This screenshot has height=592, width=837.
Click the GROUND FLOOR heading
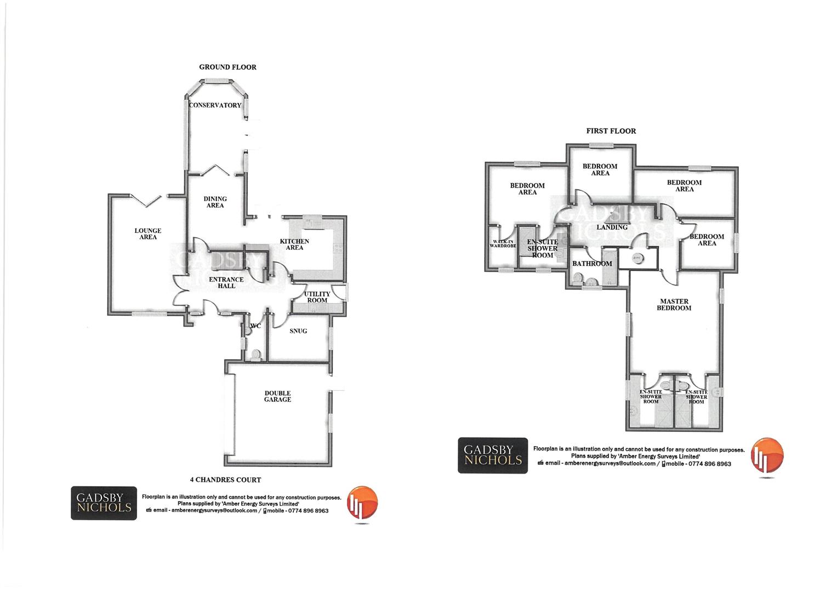[x=227, y=67]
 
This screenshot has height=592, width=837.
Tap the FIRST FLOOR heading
[x=611, y=131]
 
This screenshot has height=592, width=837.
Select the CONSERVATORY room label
[x=215, y=105]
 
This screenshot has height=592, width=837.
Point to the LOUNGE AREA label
[x=148, y=234]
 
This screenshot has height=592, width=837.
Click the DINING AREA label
[x=215, y=202]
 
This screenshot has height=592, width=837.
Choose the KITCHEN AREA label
[x=294, y=244]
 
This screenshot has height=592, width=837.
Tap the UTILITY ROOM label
[x=317, y=297]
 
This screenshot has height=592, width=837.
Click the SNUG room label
[x=298, y=331]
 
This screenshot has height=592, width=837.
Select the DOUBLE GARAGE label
[x=278, y=396]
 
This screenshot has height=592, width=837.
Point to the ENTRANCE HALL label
[x=226, y=282]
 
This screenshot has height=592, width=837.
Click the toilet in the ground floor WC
[x=255, y=355]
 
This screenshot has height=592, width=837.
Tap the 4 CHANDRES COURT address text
[x=225, y=480]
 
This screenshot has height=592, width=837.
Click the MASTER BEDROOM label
[x=674, y=305]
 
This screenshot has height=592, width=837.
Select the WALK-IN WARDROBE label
[x=503, y=244]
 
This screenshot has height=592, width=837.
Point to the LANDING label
[x=612, y=227]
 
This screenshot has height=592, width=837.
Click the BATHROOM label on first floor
[x=591, y=264]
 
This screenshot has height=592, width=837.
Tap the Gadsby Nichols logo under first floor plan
[x=492, y=455]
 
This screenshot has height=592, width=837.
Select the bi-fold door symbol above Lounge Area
[x=145, y=201]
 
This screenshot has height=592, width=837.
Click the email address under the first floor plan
[x=610, y=464]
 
